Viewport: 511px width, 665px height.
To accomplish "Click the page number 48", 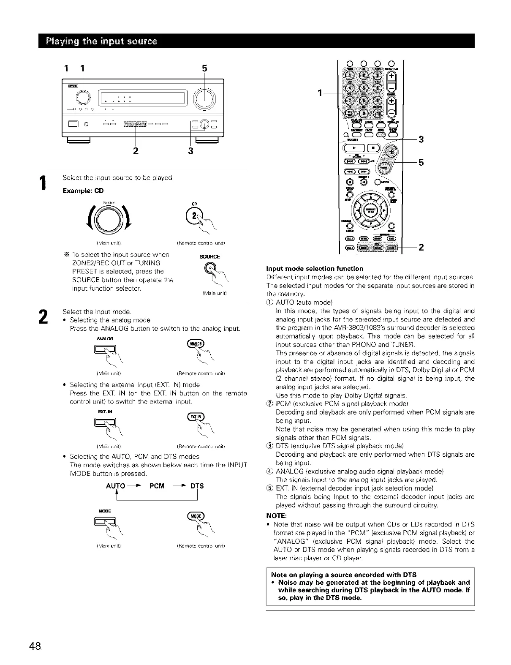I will click(35, 646).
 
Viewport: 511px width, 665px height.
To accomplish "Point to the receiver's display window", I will click(143, 100).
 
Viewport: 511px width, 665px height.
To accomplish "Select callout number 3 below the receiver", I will click(190, 151).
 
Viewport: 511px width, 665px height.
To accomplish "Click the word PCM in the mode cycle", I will click(157, 486).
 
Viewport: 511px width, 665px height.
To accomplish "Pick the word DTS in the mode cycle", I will click(196, 486).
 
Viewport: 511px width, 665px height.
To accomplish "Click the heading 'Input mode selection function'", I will click(315, 269).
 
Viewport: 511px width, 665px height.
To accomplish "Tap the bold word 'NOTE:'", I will click(277, 516).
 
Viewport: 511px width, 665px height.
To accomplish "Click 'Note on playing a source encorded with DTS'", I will click(343, 575).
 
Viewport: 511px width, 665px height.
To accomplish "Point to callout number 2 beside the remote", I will click(421, 248).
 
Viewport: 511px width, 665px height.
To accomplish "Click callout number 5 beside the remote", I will click(421, 162).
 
